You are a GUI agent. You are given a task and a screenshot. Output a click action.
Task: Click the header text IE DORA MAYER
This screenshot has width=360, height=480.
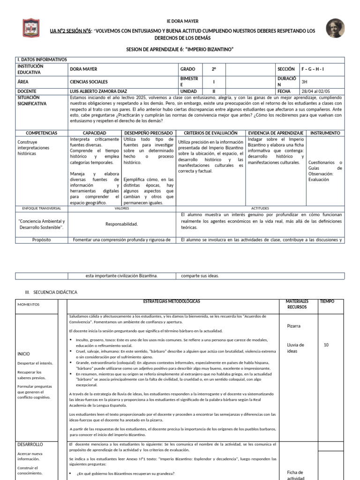[x=183, y=22]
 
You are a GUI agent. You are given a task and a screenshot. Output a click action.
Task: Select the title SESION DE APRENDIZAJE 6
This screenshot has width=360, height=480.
[x=180, y=49]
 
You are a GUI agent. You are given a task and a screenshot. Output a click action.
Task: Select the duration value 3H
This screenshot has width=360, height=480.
[x=305, y=81]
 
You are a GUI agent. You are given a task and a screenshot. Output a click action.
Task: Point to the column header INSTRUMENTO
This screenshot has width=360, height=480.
[x=325, y=133]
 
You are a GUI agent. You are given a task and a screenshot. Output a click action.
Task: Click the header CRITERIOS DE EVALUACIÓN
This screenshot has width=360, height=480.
[x=210, y=133]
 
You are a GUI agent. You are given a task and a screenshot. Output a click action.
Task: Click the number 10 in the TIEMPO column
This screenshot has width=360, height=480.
[x=326, y=345]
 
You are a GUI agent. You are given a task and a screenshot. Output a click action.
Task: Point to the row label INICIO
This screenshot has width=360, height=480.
[x=23, y=353]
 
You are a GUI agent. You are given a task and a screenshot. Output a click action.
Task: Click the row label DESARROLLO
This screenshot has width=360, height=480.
[x=30, y=444]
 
